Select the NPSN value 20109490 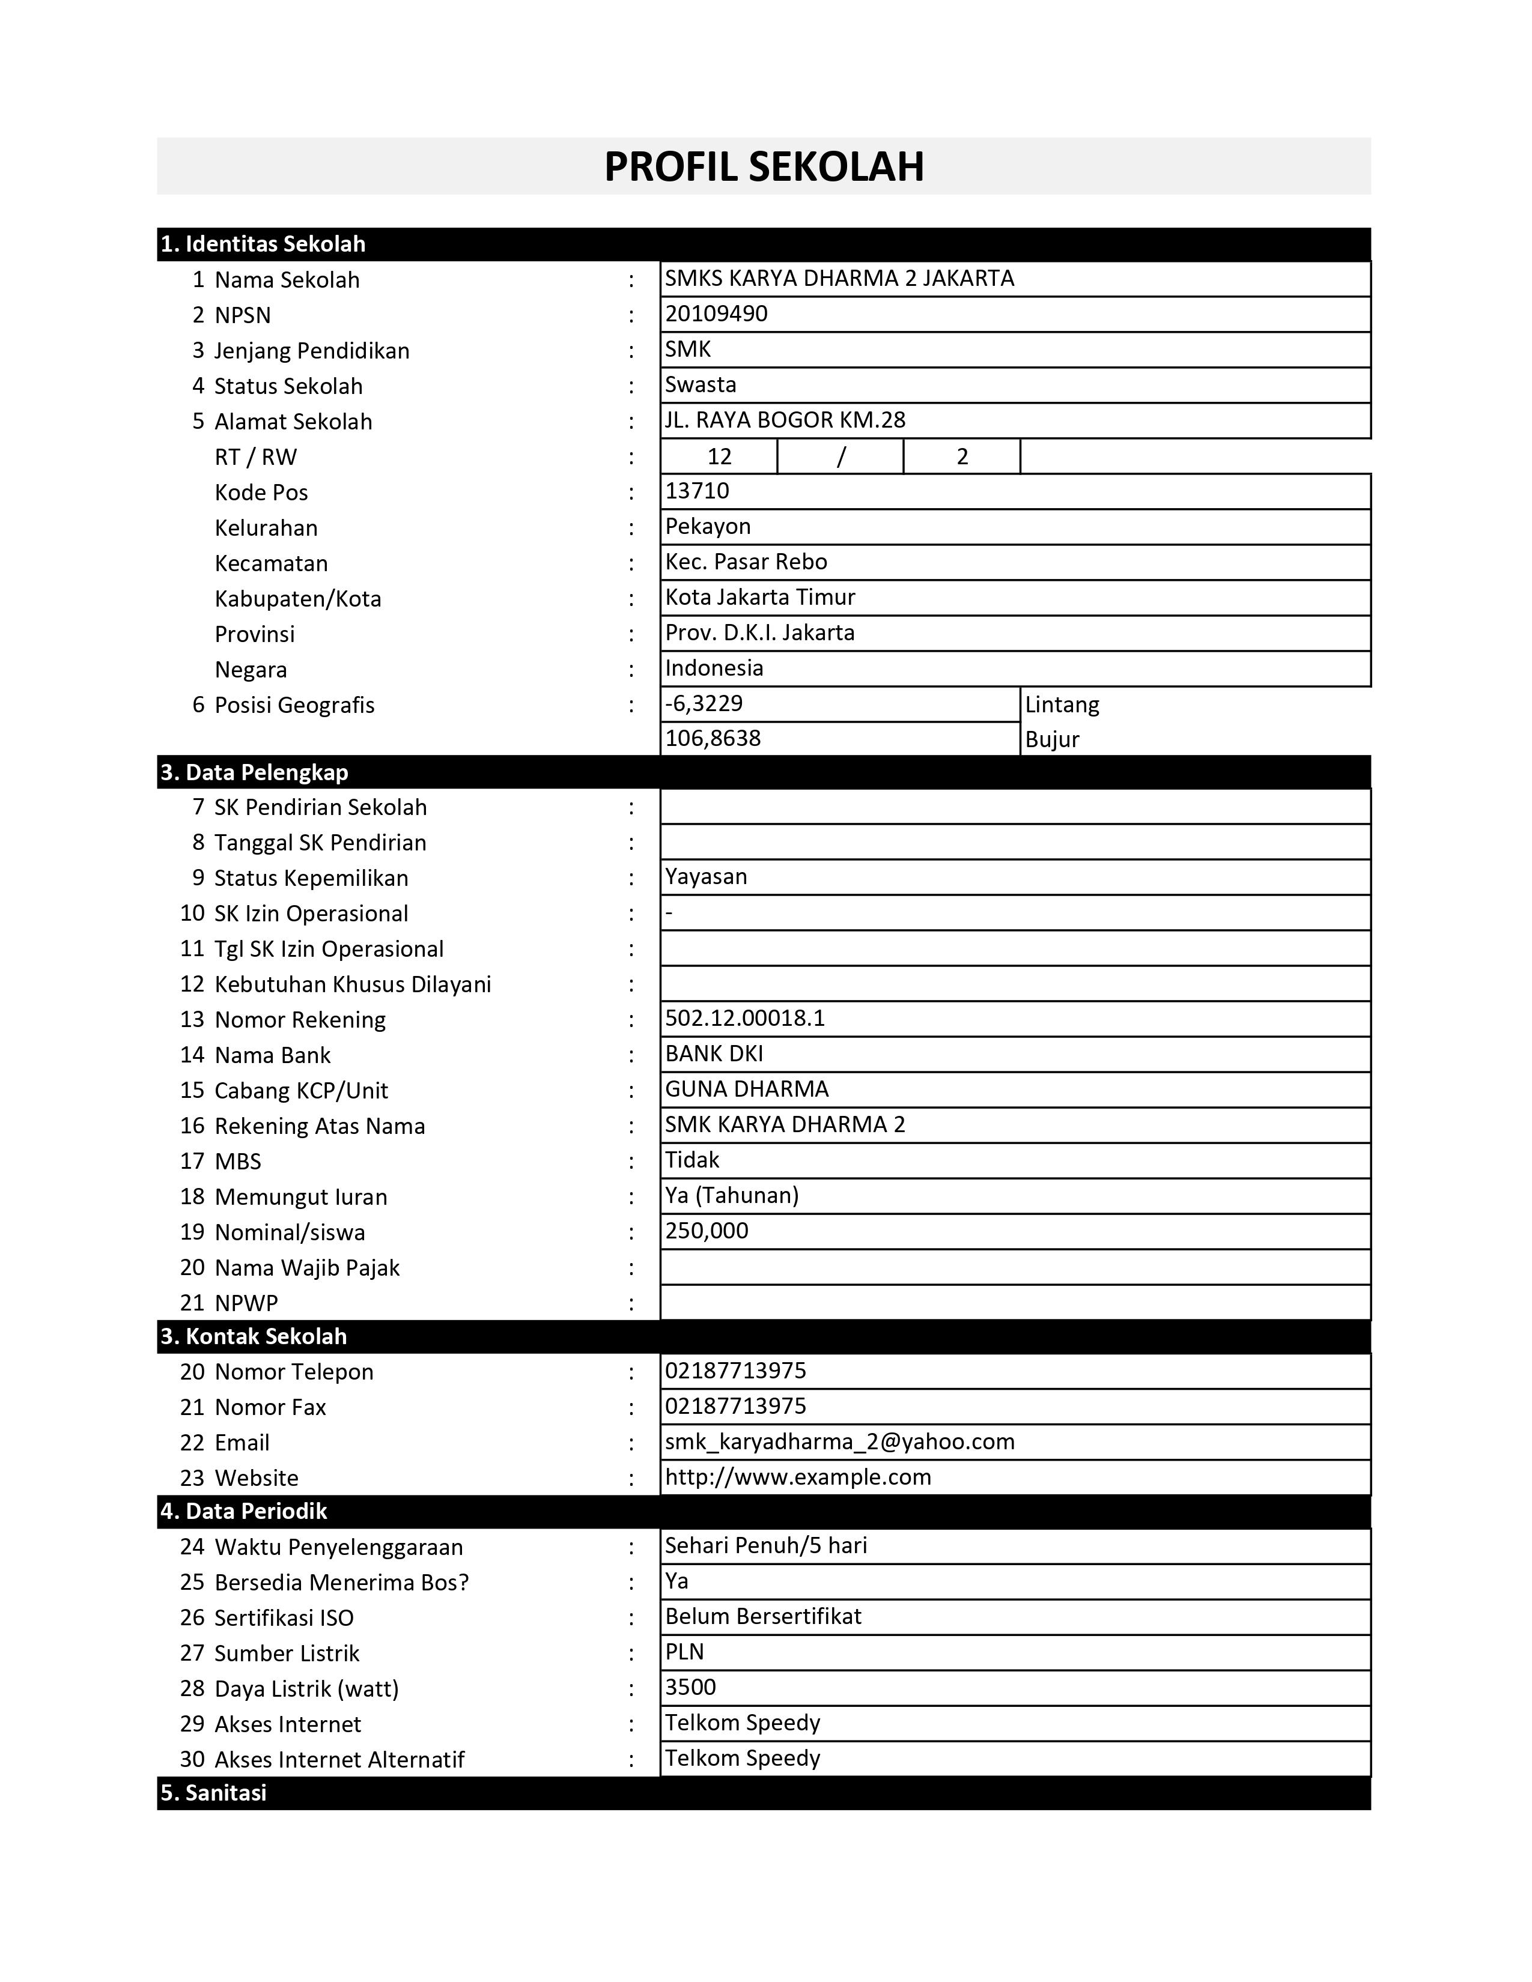pos(716,314)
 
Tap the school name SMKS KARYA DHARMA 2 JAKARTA pos(839,279)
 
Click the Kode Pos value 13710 pos(697,491)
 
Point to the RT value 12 pos(719,456)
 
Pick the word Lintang pos(1062,705)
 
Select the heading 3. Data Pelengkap pos(254,772)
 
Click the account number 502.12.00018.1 pos(745,1018)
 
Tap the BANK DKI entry pos(714,1053)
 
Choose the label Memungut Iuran pos(300,1197)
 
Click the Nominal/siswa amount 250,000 pos(707,1231)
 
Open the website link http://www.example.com pos(798,1476)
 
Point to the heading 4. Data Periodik pos(243,1511)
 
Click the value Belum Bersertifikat pos(763,1616)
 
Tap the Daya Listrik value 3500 pos(691,1687)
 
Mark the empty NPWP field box pos(1015,1302)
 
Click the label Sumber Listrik pos(287,1653)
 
